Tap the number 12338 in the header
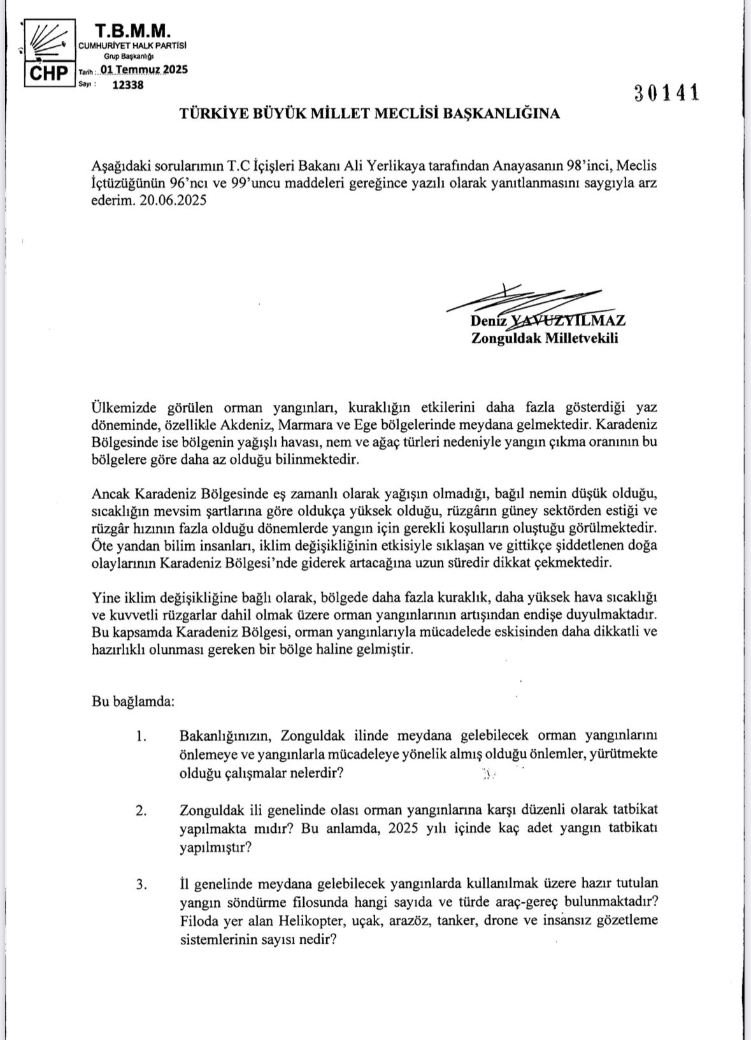127,86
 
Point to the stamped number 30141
667,93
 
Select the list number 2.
141,810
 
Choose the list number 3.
141,884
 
